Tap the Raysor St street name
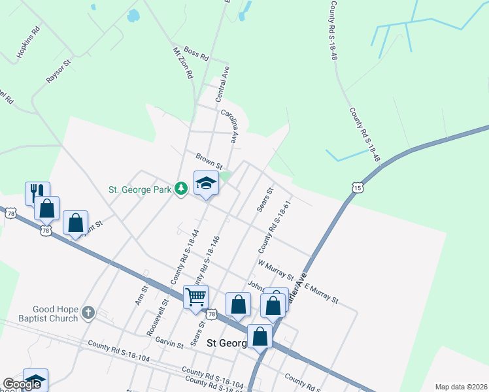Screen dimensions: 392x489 58,73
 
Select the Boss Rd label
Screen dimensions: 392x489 195,53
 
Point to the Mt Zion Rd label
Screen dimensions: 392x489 183,63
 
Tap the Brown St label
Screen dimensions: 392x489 209,159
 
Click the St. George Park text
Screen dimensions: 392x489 140,189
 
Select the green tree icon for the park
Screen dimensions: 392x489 181,189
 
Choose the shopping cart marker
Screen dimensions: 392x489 195,297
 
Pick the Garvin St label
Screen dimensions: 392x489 169,343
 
